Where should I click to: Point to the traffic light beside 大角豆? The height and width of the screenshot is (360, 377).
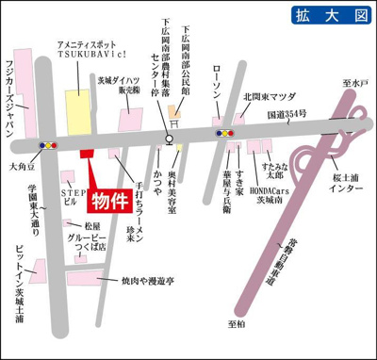pyautogui.click(x=48, y=146)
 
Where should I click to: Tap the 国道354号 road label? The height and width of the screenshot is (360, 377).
pyautogui.click(x=288, y=115)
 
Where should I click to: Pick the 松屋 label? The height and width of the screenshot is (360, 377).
pyautogui.click(x=92, y=226)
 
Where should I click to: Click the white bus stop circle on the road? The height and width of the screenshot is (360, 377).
pyautogui.click(x=169, y=139)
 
